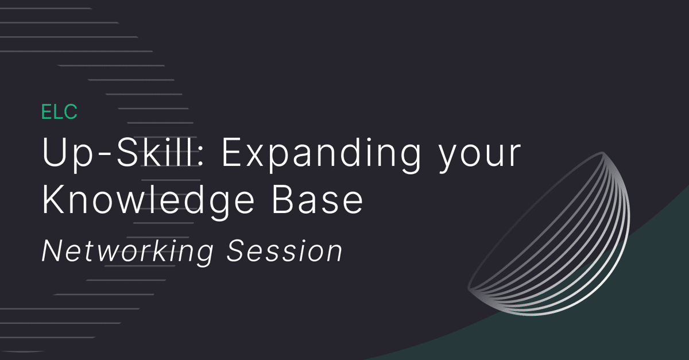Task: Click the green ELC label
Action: click(x=59, y=111)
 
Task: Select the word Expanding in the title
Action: click(x=321, y=154)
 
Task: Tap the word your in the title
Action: click(x=479, y=156)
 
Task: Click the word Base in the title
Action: click(x=318, y=200)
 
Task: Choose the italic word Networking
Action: click(x=127, y=251)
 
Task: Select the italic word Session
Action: click(x=285, y=251)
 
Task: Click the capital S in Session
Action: click(x=238, y=251)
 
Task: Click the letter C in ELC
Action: click(x=71, y=111)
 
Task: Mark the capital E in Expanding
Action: click(x=232, y=152)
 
